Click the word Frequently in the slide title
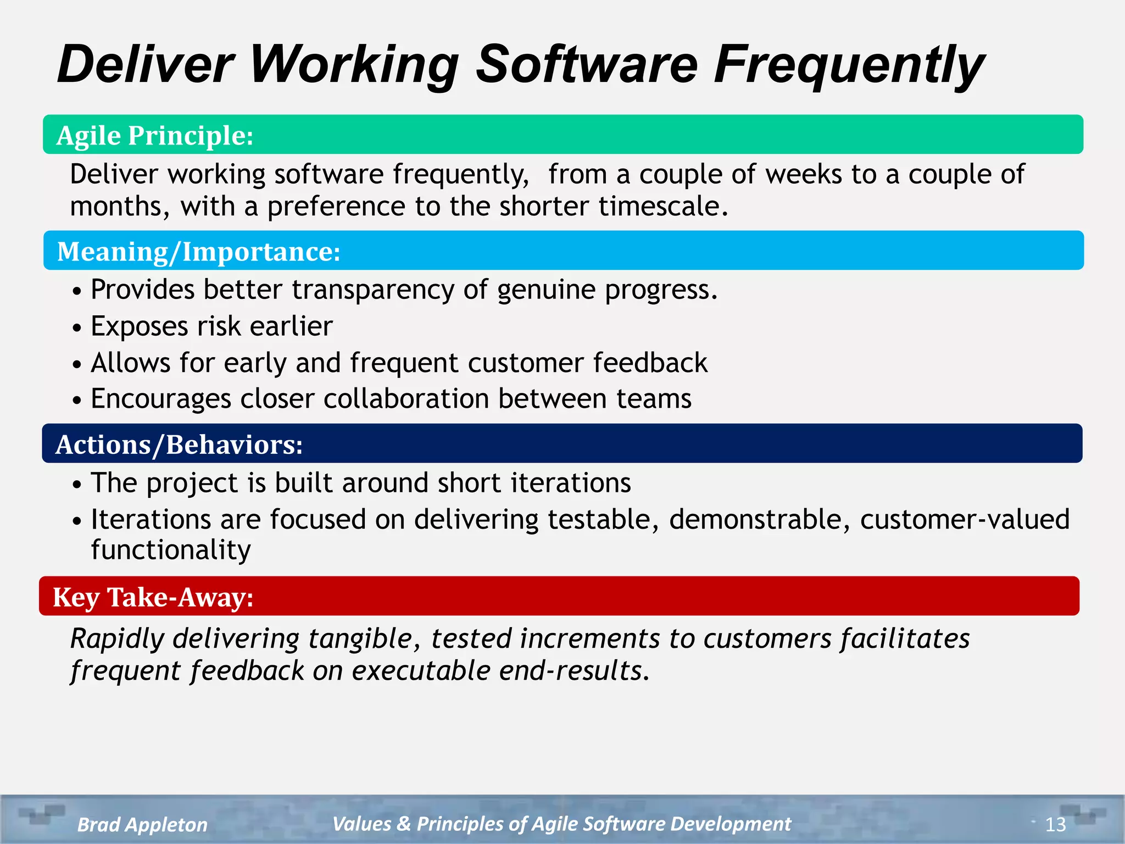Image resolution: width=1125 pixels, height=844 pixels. [849, 65]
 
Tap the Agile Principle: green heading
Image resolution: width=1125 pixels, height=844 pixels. [155, 135]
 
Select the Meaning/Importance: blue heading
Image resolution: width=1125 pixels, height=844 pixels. [199, 252]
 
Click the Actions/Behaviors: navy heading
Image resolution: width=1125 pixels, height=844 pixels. [179, 445]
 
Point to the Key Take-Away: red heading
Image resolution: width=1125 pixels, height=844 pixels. [153, 597]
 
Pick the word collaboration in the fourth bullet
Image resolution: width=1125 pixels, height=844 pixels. [406, 398]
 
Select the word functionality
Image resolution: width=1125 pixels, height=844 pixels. [171, 550]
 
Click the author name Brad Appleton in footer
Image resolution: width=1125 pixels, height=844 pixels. [142, 824]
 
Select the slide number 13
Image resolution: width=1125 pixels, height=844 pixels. [1055, 824]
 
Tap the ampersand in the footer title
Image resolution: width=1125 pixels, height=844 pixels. [404, 824]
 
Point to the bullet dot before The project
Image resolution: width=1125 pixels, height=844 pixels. [77, 485]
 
